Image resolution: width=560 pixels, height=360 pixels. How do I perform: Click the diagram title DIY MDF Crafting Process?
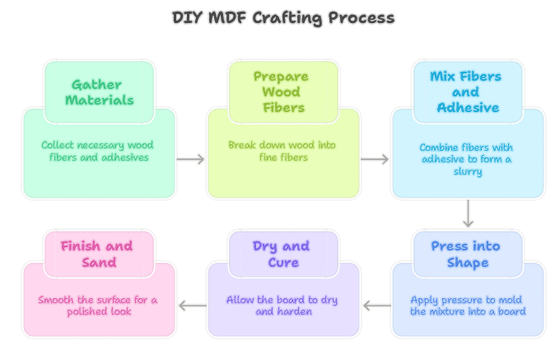click(282, 17)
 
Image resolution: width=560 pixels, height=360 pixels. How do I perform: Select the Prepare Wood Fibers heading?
click(281, 92)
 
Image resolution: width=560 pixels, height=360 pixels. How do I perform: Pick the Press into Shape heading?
click(465, 255)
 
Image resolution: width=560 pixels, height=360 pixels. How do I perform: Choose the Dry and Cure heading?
click(281, 255)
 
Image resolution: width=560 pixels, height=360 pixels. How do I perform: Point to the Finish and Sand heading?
click(96, 255)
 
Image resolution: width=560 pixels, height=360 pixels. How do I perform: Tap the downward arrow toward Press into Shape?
click(468, 213)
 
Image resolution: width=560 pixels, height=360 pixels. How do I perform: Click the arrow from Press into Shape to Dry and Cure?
click(376, 306)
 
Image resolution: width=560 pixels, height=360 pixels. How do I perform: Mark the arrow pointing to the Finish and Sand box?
click(192, 306)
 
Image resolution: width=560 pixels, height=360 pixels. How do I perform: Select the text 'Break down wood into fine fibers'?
click(282, 151)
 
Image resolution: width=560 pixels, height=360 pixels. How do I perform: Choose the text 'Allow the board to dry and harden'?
click(282, 306)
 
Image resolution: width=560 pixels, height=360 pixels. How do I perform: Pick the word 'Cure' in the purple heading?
click(282, 263)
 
